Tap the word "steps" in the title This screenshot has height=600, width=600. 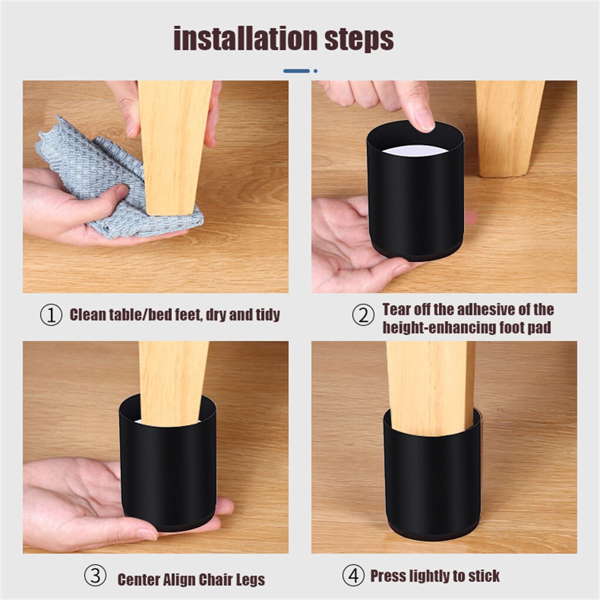[x=359, y=39]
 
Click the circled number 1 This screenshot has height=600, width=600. [x=51, y=315]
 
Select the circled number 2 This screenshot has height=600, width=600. [x=363, y=315]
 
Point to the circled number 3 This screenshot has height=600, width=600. [x=95, y=575]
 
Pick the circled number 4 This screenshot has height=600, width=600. [x=353, y=575]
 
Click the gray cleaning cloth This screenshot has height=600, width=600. [x=115, y=180]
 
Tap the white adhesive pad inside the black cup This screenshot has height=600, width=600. [x=415, y=151]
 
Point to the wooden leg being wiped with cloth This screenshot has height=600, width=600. [x=174, y=147]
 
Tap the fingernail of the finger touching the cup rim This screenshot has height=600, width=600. [x=425, y=124]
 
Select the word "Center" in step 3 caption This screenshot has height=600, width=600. [x=138, y=579]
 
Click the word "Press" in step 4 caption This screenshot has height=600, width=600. [x=387, y=576]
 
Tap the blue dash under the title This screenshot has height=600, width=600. [x=296, y=71]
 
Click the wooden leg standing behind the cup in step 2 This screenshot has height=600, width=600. [x=509, y=129]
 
